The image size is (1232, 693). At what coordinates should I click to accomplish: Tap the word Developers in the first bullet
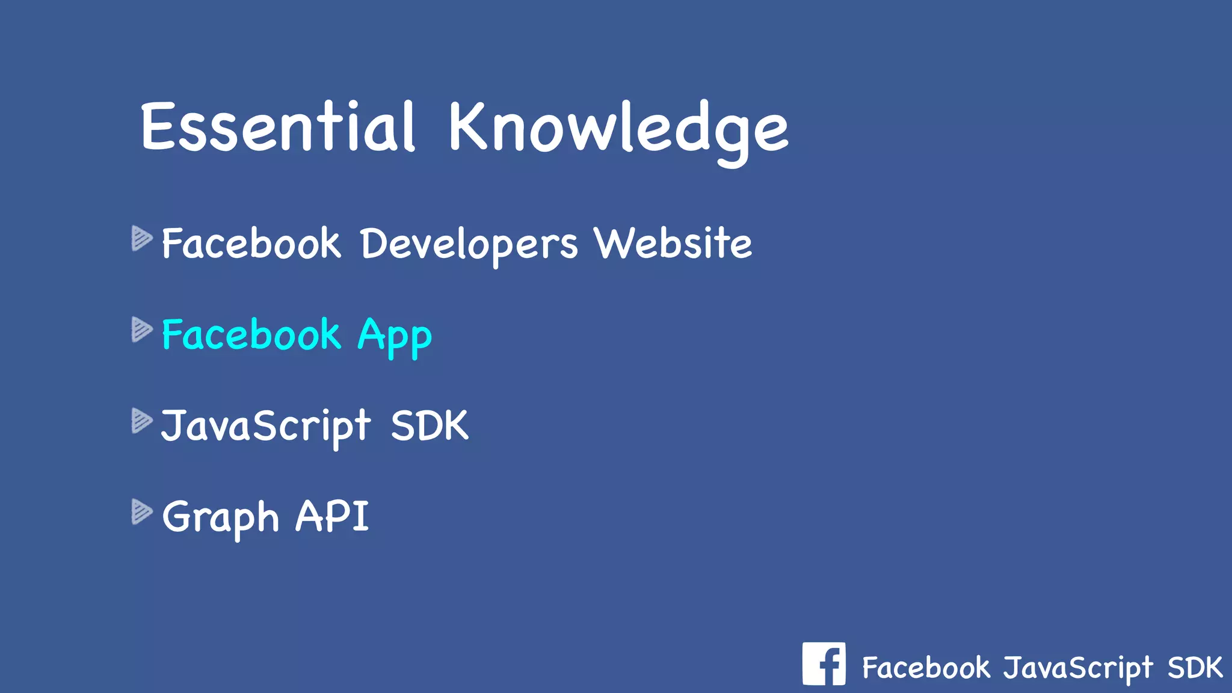click(469, 244)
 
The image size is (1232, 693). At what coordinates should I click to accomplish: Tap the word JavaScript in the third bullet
click(265, 426)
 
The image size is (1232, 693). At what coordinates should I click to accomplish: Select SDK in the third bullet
click(430, 426)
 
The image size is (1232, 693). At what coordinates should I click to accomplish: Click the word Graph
click(221, 517)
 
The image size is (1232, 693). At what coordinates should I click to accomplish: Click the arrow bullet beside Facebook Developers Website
click(142, 238)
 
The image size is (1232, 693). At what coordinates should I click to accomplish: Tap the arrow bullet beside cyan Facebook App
click(142, 330)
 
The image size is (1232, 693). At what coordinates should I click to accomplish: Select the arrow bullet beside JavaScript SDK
click(142, 420)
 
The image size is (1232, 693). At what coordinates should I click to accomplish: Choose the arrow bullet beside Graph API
click(142, 512)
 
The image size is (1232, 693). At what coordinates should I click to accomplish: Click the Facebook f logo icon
click(824, 664)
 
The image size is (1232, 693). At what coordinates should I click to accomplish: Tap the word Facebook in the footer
click(926, 668)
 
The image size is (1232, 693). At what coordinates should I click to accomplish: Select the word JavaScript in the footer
click(1077, 668)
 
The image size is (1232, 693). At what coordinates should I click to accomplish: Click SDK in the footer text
click(1195, 668)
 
